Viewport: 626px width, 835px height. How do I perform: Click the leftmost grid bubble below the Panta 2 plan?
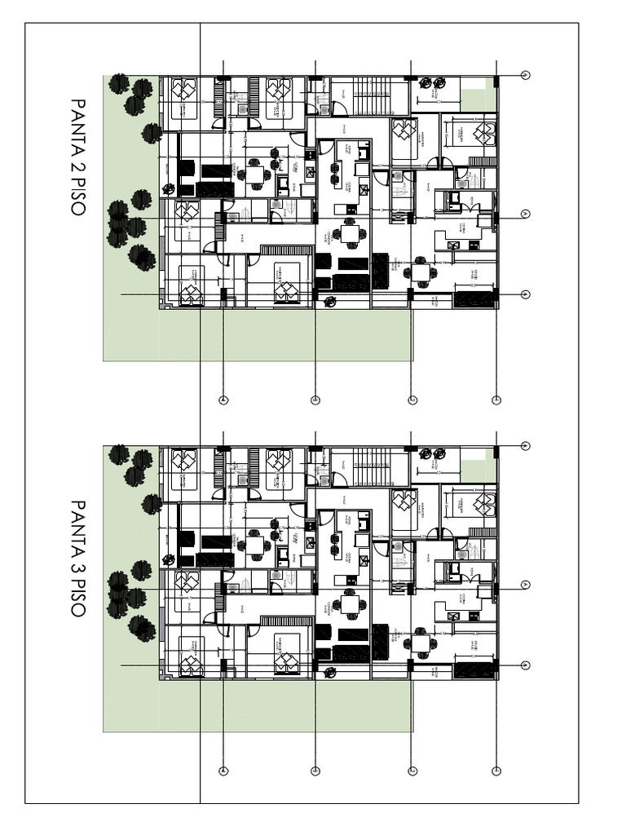[223, 400]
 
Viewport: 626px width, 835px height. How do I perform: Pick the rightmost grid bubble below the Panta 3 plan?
[496, 771]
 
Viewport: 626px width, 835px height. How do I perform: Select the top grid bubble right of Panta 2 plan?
[526, 76]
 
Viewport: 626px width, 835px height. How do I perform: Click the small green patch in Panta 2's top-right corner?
[478, 95]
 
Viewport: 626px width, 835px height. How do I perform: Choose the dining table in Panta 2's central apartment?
[351, 235]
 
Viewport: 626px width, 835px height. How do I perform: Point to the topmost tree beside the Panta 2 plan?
[120, 82]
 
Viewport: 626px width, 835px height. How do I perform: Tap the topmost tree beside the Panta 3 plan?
[120, 453]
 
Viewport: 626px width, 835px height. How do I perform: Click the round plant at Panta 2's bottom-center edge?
[330, 302]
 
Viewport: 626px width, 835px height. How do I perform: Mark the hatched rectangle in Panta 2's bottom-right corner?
[474, 299]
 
